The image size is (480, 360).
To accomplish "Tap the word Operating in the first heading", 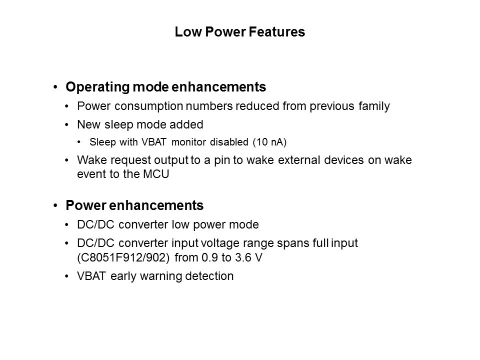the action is (97, 87).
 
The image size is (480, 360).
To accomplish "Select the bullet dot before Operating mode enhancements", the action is (55, 87).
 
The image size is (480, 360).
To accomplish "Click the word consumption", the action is (149, 106).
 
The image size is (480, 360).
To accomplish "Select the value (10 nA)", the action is (269, 142).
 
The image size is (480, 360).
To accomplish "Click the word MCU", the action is (156, 174).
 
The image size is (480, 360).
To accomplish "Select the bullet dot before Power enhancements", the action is (55, 205).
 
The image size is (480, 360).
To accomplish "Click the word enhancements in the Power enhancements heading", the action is (156, 205).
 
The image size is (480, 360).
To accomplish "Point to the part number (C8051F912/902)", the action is (123, 258).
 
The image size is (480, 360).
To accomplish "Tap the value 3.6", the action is (243, 258).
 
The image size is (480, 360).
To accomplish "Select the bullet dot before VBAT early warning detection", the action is (66, 276).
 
